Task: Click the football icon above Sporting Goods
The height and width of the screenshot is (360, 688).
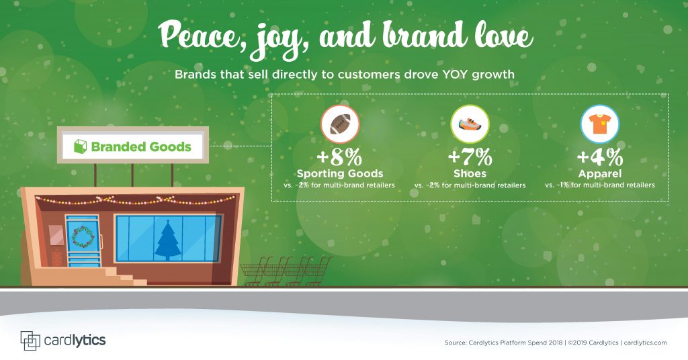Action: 340,124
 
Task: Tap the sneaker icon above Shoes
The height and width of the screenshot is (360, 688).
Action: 470,124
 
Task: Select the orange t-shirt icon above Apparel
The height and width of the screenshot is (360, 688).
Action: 599,124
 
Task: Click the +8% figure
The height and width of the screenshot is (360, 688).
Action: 340,158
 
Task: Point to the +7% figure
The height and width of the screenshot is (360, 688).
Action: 470,158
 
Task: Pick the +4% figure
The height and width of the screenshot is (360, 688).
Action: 599,158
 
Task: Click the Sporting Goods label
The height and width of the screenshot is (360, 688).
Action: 340,174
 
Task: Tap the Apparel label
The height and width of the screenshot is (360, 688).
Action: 599,174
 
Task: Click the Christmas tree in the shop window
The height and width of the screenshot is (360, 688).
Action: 167,239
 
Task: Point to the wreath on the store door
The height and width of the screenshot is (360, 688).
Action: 82,236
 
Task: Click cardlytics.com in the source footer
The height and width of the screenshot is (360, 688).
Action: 645,343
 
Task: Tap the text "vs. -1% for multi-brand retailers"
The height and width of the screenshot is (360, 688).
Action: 599,185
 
